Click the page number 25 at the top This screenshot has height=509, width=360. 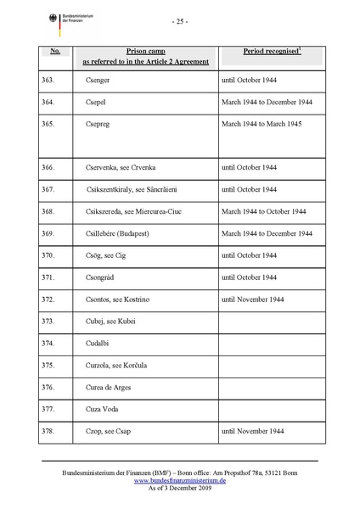point(179,20)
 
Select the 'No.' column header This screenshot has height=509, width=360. point(55,52)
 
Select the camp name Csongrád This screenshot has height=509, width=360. point(103,277)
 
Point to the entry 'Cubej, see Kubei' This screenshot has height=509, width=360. point(111,322)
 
